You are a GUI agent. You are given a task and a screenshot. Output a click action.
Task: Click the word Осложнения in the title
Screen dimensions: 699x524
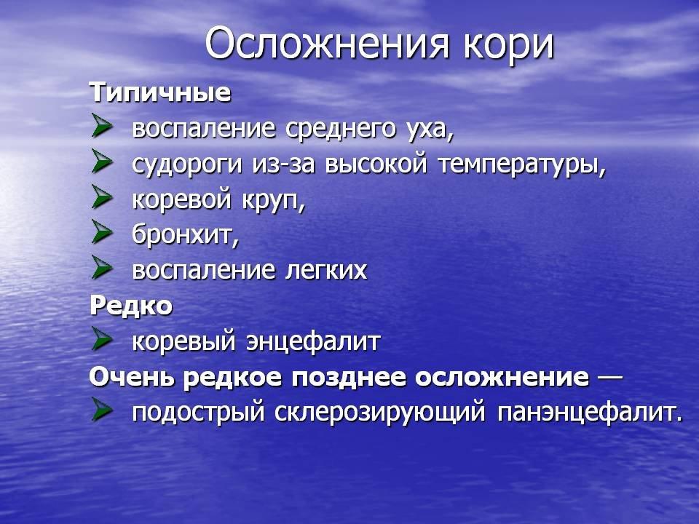tap(327, 44)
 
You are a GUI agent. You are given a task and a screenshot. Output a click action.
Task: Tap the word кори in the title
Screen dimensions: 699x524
tap(508, 47)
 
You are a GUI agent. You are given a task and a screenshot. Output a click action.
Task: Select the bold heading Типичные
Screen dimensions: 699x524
tap(160, 92)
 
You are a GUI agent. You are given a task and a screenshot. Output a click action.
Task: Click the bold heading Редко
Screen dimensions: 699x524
tap(131, 306)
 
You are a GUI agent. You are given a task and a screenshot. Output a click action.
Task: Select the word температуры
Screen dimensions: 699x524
tap(522, 166)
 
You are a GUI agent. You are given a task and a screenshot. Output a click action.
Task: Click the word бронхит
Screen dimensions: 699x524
tap(186, 234)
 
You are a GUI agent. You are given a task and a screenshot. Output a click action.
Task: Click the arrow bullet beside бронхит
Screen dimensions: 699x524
tap(102, 231)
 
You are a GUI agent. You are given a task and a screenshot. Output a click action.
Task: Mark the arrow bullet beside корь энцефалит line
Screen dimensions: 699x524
tap(102, 338)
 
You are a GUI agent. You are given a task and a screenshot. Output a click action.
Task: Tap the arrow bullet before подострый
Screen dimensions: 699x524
tap(102, 410)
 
